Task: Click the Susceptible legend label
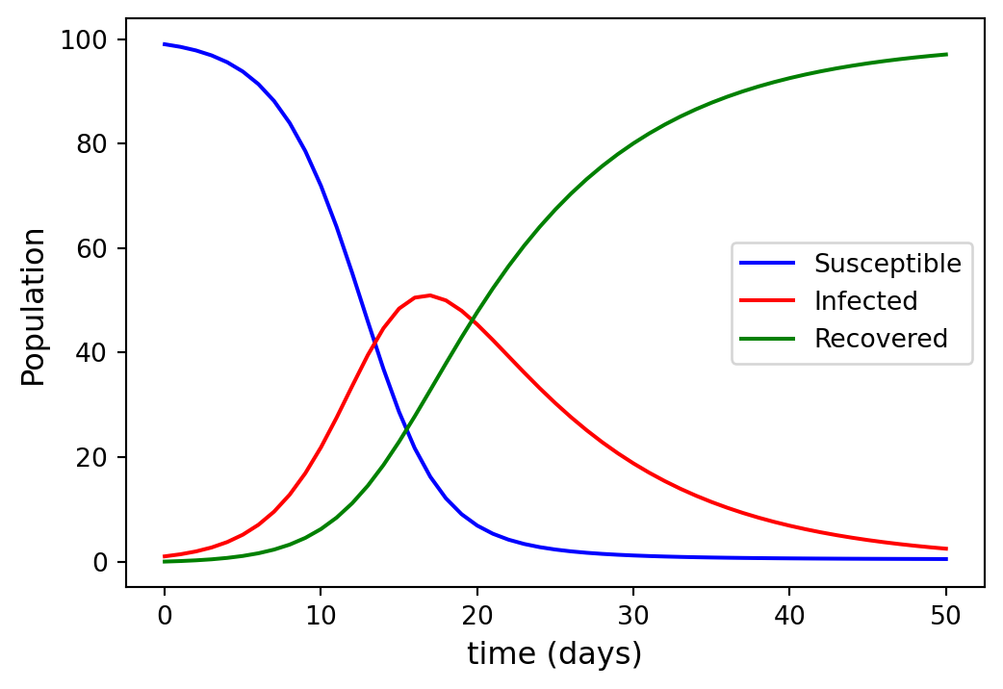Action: (887, 264)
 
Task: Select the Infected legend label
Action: (865, 301)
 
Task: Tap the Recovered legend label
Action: (881, 339)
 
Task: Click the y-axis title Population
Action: (34, 307)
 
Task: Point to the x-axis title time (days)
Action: (554, 654)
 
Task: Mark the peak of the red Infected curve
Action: (429, 295)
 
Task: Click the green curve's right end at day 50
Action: (947, 54)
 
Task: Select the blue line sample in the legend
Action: (767, 264)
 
